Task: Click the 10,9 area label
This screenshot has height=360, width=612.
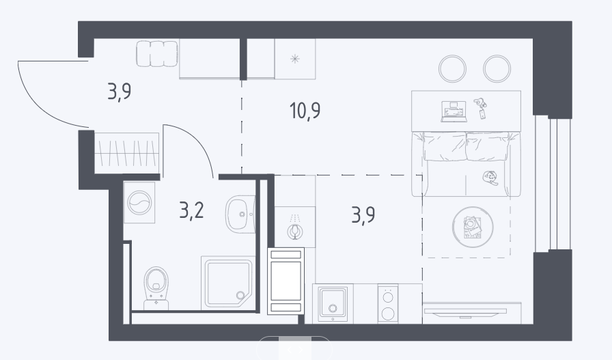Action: coord(305,111)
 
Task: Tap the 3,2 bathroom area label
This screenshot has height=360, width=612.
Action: coord(191,211)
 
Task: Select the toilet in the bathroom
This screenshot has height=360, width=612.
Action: coord(156,288)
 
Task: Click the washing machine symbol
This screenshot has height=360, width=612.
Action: coord(139,202)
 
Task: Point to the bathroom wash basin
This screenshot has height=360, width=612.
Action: coord(240,214)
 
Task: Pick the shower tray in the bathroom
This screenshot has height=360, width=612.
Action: coord(228,283)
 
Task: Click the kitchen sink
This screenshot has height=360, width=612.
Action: coord(333,303)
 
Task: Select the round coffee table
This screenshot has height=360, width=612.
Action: coord(473,227)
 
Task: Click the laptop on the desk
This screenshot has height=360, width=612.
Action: coord(454,111)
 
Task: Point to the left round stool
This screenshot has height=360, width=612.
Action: coord(452,68)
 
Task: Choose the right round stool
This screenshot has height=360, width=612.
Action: coord(497,68)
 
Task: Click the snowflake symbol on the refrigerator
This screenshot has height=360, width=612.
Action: coord(295,59)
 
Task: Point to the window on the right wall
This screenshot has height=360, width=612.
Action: coord(553,184)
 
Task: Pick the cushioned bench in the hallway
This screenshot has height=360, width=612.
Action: coord(157,53)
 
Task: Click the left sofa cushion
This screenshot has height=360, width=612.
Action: coord(445,146)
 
